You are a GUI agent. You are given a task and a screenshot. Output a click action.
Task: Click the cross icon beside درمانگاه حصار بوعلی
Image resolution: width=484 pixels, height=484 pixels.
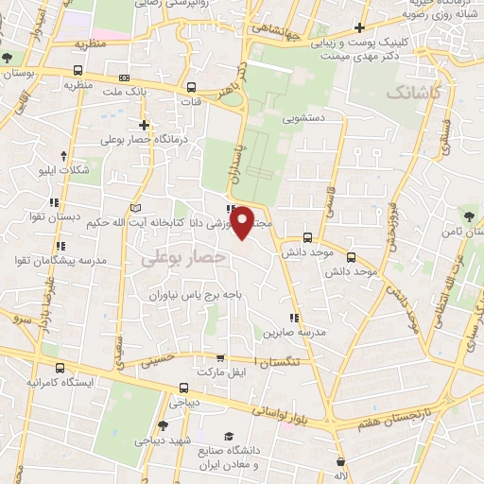pyautogui.click(x=144, y=124)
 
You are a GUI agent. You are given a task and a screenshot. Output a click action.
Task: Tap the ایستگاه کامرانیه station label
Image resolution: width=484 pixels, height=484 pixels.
pyautogui.click(x=60, y=384)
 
